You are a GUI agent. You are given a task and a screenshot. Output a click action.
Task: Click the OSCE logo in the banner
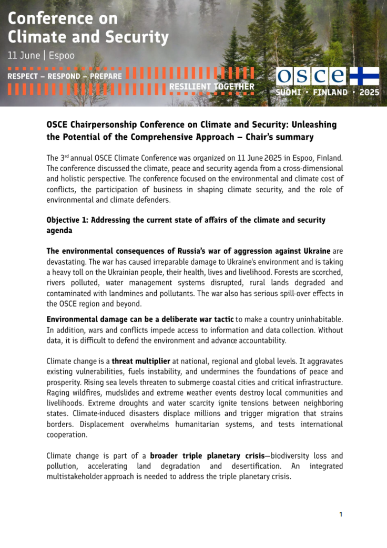(x=311, y=76)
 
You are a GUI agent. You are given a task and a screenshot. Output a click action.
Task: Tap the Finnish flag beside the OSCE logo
(x=364, y=76)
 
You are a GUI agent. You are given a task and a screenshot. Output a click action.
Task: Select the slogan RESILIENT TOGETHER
(x=211, y=87)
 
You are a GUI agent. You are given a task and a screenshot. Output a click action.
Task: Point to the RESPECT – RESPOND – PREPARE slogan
(x=64, y=76)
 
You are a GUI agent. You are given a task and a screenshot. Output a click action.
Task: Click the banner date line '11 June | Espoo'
(x=41, y=55)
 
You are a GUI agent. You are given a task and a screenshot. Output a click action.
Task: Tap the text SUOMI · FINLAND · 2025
(x=327, y=92)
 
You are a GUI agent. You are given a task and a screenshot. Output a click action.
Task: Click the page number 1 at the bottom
(x=341, y=514)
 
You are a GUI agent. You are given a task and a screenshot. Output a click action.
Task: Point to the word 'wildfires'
(x=89, y=392)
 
